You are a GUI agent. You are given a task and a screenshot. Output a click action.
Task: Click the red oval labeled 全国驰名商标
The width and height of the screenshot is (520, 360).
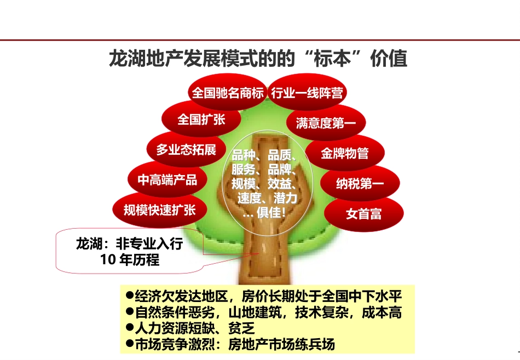tap(227, 92)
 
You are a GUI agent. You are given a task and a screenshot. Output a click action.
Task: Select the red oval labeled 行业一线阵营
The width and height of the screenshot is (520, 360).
tap(307, 92)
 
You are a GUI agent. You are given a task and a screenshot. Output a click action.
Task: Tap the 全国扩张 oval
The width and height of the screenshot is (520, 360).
tap(201, 119)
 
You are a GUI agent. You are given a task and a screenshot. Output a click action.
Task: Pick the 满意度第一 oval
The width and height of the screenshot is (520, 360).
tap(326, 123)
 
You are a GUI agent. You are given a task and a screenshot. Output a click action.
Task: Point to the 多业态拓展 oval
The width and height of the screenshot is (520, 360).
tap(186, 149)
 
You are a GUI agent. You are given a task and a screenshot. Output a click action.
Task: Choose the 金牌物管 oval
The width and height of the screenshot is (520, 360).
tap(344, 153)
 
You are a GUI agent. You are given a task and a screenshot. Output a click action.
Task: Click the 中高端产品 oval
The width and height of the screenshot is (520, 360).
tap(167, 179)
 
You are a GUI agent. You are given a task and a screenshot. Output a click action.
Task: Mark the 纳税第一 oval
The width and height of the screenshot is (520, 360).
tap(360, 184)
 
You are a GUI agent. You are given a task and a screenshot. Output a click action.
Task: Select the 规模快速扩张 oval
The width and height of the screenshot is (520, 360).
tap(159, 210)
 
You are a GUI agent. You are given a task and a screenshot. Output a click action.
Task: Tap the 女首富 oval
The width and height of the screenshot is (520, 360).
tap(363, 213)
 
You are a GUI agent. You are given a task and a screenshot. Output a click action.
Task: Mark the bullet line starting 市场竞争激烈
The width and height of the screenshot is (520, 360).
tap(230, 344)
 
